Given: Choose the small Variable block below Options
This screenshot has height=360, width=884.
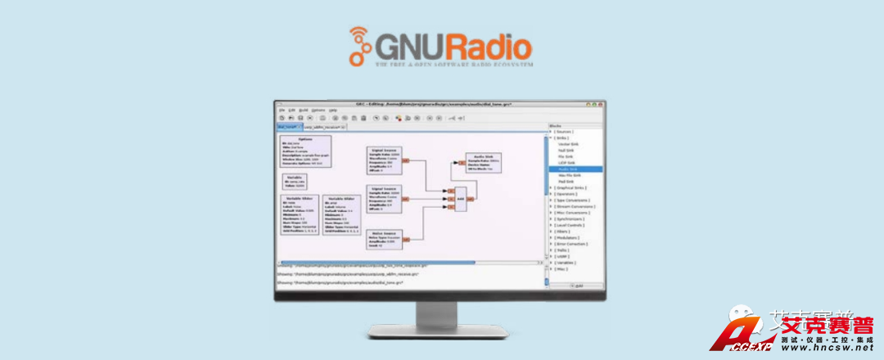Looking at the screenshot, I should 295,181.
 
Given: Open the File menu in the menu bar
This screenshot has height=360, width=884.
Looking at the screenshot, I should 280,110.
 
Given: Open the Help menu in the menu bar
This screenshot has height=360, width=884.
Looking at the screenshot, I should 333,110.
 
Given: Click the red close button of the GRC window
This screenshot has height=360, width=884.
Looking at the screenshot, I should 602,103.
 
